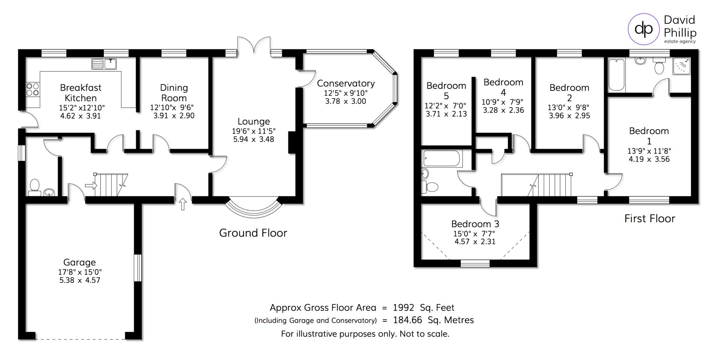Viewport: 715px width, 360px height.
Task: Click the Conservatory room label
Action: point(346,83)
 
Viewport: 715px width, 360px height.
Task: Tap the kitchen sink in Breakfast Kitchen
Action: point(104,64)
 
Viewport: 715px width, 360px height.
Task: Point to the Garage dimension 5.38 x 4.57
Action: point(80,280)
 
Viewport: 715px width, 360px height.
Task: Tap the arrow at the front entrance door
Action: point(183,204)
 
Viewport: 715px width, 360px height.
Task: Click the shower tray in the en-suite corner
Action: point(682,66)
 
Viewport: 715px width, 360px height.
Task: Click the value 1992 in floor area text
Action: point(403,308)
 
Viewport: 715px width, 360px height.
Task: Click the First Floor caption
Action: point(649,219)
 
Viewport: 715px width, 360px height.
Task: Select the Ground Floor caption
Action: point(253,233)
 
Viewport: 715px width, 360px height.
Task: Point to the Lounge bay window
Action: point(254,210)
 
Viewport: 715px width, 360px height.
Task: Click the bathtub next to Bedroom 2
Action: point(616,75)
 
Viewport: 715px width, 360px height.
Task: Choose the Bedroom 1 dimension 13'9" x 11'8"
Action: point(649,151)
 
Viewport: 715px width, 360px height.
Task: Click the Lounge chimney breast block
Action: point(292,143)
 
